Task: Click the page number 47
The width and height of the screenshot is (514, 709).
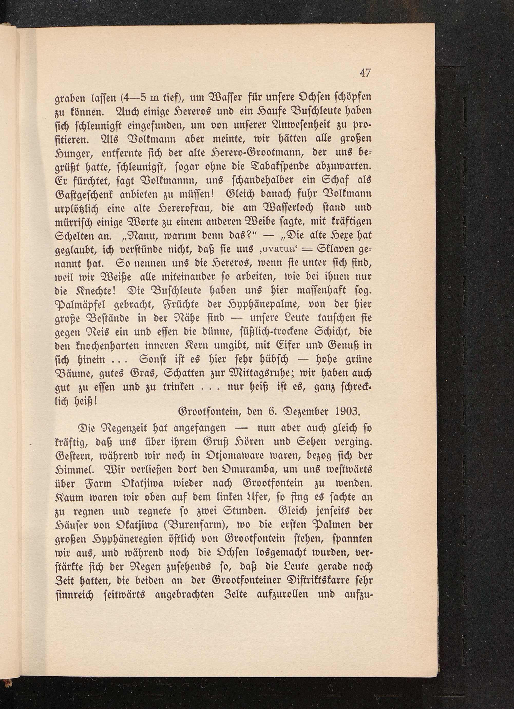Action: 365,73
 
